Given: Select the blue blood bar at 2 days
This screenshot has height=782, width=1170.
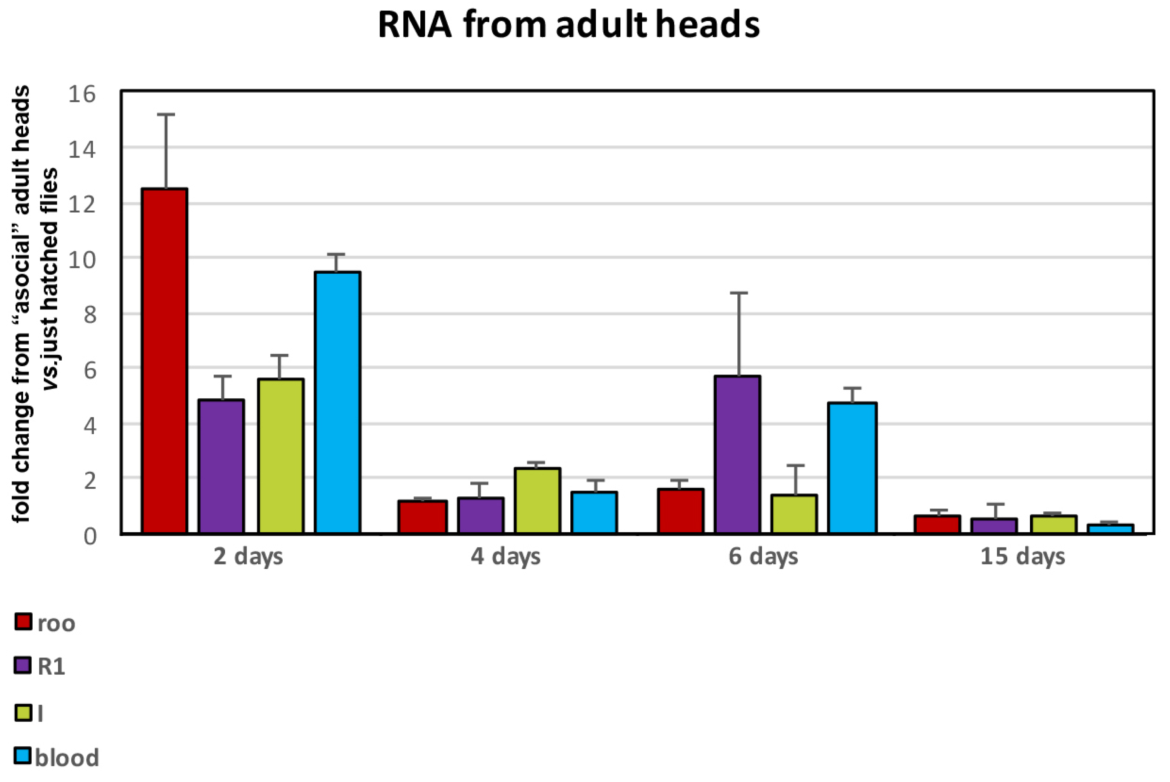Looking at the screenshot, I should click(x=337, y=403).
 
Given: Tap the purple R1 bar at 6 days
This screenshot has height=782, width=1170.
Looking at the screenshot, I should click(x=737, y=454).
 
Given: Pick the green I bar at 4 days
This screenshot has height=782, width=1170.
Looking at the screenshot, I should click(x=537, y=501).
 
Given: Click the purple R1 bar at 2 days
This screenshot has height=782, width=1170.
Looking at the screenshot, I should click(x=221, y=466).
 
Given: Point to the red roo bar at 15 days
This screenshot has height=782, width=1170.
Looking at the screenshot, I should click(x=937, y=525).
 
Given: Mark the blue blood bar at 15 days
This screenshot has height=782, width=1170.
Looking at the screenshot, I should click(x=1110, y=529).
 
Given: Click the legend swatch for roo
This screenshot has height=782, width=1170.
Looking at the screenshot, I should click(x=23, y=622).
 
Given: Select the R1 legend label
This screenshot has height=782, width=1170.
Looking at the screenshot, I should click(x=52, y=667).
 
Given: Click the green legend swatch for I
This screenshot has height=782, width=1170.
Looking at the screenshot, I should click(x=23, y=712).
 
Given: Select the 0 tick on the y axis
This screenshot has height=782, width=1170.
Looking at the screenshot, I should click(x=90, y=536).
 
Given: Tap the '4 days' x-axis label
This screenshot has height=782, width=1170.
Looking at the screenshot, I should click(x=505, y=557).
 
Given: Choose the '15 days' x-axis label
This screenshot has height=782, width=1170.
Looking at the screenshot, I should click(x=1022, y=557).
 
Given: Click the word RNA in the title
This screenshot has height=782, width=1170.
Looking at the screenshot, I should click(x=415, y=25).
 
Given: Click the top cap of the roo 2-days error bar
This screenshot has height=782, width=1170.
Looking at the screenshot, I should click(x=166, y=115).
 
